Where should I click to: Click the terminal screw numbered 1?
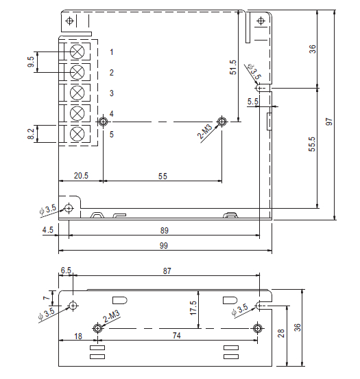coord(77,51)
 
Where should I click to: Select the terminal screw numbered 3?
coord(77,93)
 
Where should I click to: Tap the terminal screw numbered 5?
coord(77,134)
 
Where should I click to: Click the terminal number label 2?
coord(111,73)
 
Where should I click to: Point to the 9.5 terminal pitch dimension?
coord(31,62)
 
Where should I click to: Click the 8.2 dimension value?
coord(31,134)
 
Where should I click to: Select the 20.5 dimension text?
coord(81,176)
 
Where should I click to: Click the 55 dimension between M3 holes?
coord(163,176)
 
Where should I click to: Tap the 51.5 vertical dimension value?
coord(233,67)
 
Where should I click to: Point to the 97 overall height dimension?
coord(329,122)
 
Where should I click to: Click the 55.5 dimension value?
coord(312,144)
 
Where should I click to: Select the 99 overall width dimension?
coord(164,246)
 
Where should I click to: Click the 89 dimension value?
coord(165,231)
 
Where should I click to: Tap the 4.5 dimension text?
coord(48,229)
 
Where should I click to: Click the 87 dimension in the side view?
coord(167,271)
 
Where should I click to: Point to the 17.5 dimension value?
coord(193,308)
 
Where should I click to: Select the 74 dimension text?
coord(177,336)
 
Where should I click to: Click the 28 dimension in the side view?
coord(281,334)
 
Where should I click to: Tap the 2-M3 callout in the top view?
coord(205,132)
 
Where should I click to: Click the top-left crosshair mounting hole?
coord(69,21)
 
